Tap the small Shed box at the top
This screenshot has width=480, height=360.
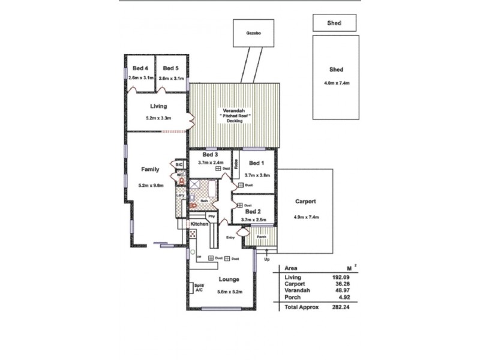pos(335,23)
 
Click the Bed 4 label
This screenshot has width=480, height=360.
pos(140,68)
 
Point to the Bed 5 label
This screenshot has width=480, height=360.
pos(171,68)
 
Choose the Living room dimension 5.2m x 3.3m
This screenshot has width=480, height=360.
pos(158,118)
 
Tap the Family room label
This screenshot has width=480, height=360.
pos(150,169)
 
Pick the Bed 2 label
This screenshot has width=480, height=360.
pos(253,212)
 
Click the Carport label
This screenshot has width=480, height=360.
pos(305,202)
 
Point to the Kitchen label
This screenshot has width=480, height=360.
pos(199,224)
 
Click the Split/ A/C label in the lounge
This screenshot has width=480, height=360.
pos(199,287)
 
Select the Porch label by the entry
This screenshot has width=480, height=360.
pos(262,236)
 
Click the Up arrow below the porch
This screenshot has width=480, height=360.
pos(267,259)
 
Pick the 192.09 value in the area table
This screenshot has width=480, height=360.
pos(341,277)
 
